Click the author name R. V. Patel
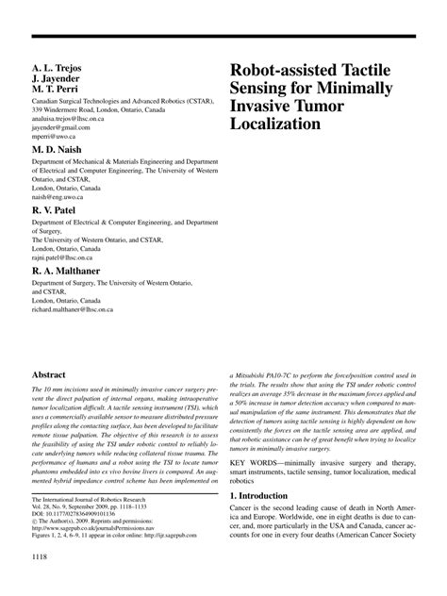[x=57, y=210]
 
